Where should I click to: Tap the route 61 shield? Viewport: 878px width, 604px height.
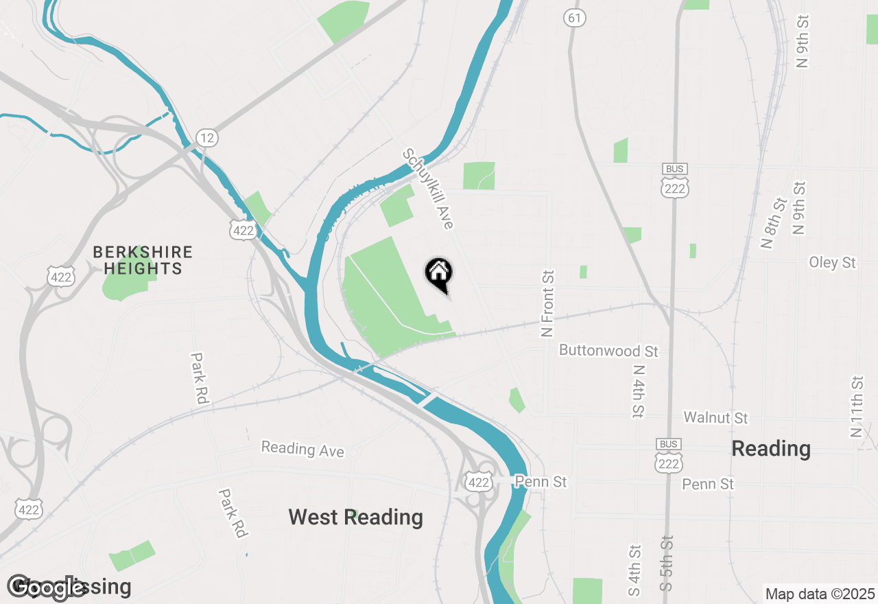click(x=575, y=19)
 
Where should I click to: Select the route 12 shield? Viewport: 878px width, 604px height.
click(x=206, y=138)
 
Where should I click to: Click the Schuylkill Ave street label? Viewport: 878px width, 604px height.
click(x=429, y=189)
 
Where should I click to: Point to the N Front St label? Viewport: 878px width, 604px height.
click(x=547, y=303)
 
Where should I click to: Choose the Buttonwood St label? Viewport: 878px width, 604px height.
click(x=608, y=351)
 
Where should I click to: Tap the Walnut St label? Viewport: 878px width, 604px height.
click(x=715, y=417)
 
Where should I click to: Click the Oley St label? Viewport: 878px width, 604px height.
click(x=832, y=262)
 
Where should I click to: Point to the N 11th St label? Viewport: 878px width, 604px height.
click(x=856, y=406)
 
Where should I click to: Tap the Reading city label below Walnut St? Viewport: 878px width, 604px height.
click(x=771, y=449)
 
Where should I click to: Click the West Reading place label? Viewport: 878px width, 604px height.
click(x=355, y=517)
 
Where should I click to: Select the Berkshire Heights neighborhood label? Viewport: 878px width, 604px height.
click(x=143, y=260)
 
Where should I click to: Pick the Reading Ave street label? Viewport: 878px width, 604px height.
click(x=302, y=450)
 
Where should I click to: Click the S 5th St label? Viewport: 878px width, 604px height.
click(x=667, y=564)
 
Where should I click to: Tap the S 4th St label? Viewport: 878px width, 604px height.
click(x=634, y=570)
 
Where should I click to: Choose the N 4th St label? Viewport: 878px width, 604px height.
click(x=638, y=389)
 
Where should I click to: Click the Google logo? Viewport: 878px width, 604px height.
click(x=47, y=588)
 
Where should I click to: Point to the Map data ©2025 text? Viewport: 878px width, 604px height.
click(x=820, y=594)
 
